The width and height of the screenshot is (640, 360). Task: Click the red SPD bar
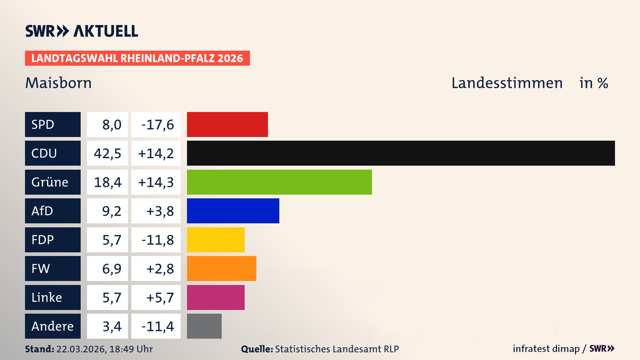(227, 124)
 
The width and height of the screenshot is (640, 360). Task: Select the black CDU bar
(401, 153)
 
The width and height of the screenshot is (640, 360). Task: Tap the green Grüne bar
(279, 182)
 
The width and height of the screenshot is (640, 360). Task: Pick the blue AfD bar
(233, 211)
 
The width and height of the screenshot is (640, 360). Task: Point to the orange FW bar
(221, 268)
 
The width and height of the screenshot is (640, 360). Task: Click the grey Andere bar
(204, 326)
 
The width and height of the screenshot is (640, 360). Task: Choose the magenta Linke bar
(216, 297)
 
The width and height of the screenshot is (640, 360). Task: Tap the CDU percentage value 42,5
(107, 153)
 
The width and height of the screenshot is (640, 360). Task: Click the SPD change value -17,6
(157, 125)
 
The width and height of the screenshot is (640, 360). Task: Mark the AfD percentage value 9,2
(111, 211)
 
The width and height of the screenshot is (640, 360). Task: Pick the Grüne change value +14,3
(156, 182)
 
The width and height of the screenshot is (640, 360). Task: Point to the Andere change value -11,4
(157, 326)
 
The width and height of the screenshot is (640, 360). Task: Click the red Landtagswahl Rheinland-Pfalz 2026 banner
(137, 58)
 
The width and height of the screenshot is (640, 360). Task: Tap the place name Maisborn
(58, 83)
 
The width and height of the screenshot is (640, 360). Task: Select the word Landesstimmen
(507, 83)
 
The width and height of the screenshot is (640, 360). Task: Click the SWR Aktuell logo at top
(82, 31)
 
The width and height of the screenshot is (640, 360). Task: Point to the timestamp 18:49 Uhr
(131, 349)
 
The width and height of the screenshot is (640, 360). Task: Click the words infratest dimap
(546, 349)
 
